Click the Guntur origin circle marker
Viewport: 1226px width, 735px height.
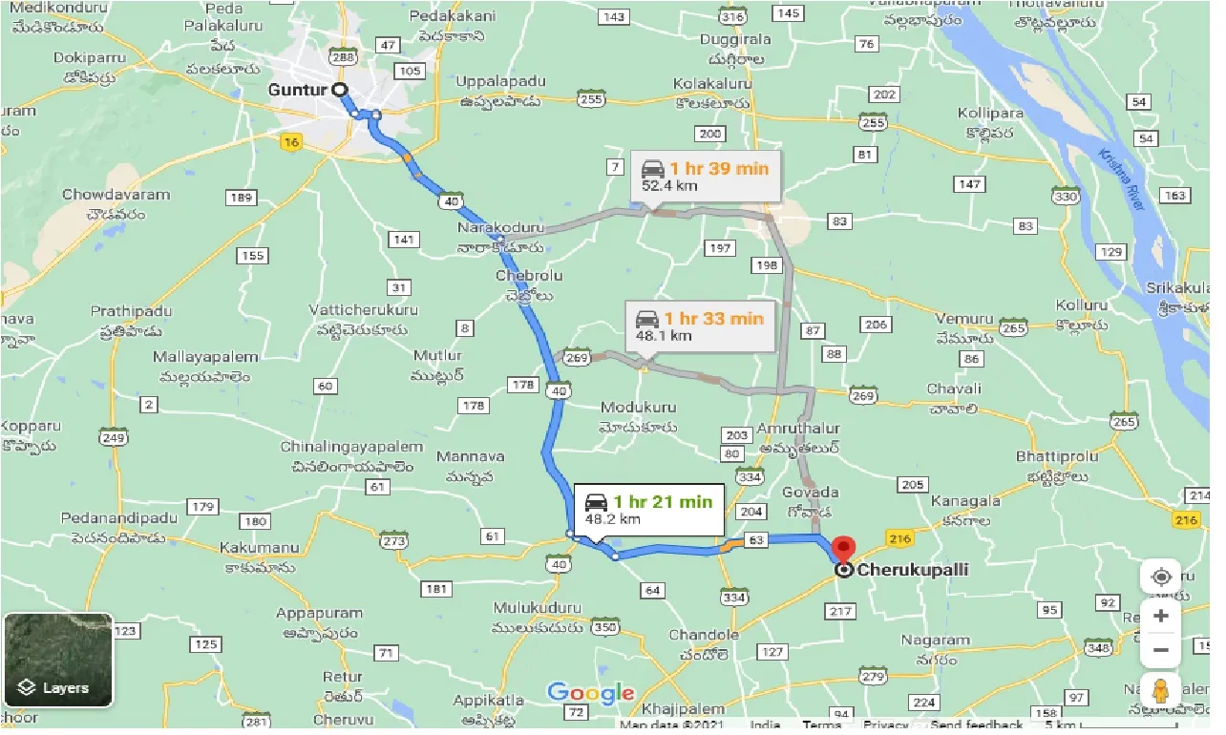tap(340, 89)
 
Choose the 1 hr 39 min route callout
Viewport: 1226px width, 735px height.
tap(705, 176)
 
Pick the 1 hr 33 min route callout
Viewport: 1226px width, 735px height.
tap(700, 326)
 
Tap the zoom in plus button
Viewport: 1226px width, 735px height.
tap(1160, 616)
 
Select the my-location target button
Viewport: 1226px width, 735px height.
tap(1160, 577)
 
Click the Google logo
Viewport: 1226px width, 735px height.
tap(591, 693)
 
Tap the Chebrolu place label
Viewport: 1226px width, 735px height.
tap(529, 276)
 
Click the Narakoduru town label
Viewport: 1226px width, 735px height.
tap(500, 229)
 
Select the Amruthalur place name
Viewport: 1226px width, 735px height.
tap(798, 430)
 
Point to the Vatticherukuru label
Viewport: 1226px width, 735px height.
tap(363, 310)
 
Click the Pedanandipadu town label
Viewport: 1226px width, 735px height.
tap(118, 518)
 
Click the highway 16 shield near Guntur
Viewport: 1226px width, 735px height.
tap(291, 142)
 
